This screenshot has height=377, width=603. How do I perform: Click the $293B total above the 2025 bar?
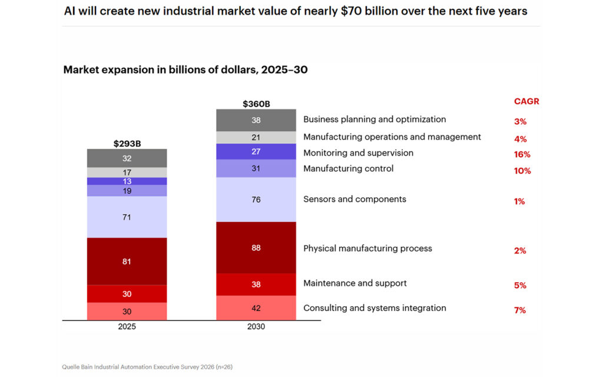click(x=127, y=143)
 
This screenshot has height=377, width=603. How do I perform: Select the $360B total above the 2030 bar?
click(x=256, y=104)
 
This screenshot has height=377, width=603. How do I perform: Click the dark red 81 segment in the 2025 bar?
click(x=127, y=261)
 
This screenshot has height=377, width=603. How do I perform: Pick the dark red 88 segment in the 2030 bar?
click(x=256, y=247)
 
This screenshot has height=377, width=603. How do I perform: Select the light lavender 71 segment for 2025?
click(x=127, y=217)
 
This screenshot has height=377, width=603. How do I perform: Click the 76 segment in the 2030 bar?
click(x=256, y=200)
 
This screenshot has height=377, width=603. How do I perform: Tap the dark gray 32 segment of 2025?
click(x=127, y=158)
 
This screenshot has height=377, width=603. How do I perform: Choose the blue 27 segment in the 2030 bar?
click(x=256, y=151)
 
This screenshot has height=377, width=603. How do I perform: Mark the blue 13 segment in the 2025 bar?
click(x=127, y=181)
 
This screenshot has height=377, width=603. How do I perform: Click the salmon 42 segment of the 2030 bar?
click(x=256, y=307)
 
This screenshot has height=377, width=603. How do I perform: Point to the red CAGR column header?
click(x=526, y=101)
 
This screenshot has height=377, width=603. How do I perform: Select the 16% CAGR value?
click(x=522, y=154)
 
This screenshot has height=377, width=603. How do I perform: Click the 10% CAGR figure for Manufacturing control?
click(x=522, y=171)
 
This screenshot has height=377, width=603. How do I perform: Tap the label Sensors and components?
click(x=354, y=199)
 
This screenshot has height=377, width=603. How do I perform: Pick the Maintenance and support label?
click(x=354, y=283)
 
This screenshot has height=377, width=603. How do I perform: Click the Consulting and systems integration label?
click(x=375, y=308)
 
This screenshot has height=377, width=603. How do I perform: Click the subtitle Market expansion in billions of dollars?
click(x=185, y=70)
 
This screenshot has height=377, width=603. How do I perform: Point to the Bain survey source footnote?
click(x=148, y=366)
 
